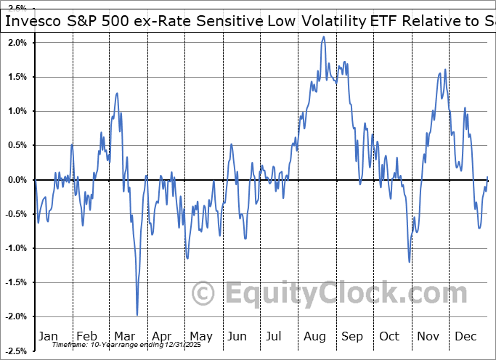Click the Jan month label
pos(48,336)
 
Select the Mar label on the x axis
pos(124,336)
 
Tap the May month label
pos(200,336)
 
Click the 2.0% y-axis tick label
pos(17,43)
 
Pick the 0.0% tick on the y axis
pos(17,180)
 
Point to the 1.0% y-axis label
pos(17,111)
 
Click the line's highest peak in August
pos(323,37)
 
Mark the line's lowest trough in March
pos(137,314)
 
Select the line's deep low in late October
pos(410,261)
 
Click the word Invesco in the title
pos(36,21)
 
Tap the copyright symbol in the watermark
pos(204,293)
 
